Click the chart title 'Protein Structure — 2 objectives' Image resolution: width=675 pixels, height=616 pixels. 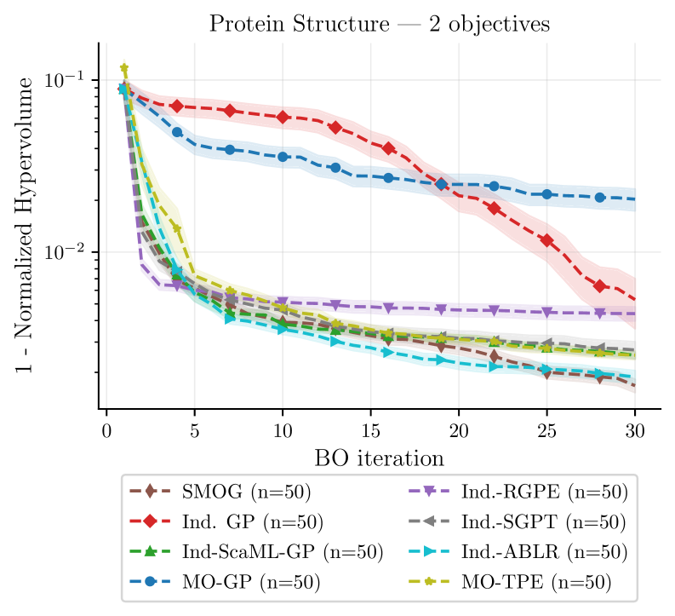tap(380, 24)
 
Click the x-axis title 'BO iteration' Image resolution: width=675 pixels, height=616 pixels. tap(380, 459)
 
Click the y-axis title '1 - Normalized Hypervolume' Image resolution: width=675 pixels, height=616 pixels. tap(25, 226)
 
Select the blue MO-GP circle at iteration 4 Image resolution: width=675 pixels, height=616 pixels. tap(177, 132)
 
